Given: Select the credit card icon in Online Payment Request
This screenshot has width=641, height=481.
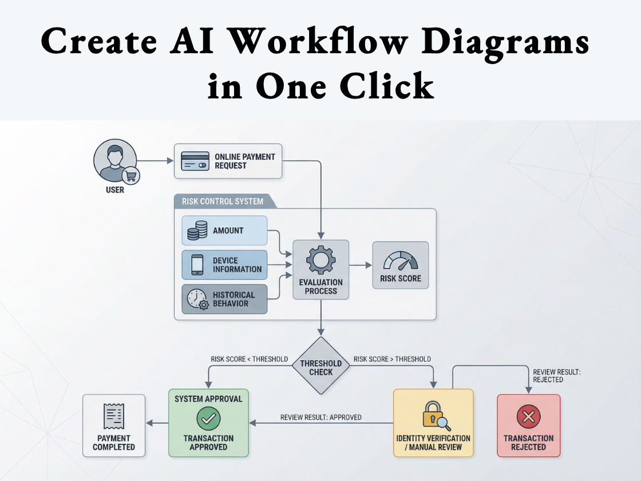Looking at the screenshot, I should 194,161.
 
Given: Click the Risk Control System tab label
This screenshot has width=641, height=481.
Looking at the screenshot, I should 223,201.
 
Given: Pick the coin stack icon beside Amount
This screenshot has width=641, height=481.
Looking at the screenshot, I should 197,231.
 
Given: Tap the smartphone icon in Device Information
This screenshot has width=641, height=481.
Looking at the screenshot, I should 197,265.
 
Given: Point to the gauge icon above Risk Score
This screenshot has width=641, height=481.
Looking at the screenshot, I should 400,261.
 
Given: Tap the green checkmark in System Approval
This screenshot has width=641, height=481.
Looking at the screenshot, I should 208,419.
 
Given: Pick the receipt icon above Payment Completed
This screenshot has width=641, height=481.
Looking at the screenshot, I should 114,416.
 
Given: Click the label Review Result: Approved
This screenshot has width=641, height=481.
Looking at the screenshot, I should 320,417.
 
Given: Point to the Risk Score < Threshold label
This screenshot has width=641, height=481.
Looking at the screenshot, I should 249,359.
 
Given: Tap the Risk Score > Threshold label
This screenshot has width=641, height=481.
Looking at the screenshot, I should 392,359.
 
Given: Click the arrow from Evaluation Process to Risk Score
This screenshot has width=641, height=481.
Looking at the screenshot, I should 360,265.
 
